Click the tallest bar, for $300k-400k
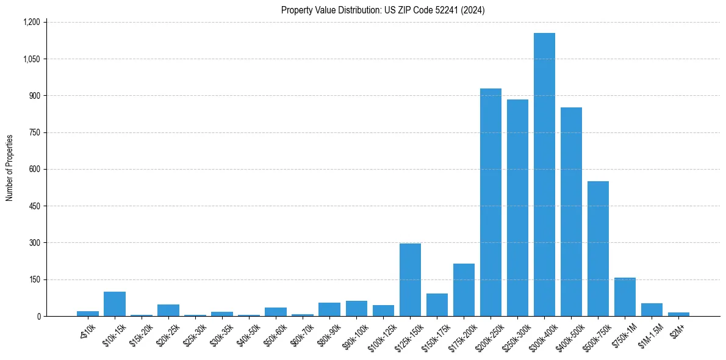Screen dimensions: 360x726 [544, 175]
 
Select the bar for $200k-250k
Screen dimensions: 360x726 [491, 203]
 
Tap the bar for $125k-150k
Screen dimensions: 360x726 [410, 279]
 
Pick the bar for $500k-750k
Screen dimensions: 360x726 [598, 249]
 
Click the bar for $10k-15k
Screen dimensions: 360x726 [115, 304]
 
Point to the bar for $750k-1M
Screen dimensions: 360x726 [625, 297]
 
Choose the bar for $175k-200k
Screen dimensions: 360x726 [464, 290]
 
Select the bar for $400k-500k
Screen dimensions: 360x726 [571, 212]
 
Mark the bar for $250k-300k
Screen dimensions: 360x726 [517, 208]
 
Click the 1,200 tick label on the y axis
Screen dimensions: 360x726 [31, 22]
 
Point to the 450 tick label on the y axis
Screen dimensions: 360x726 [34, 206]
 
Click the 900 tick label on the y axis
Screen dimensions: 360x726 [34, 96]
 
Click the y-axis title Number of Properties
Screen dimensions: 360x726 [9, 168]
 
